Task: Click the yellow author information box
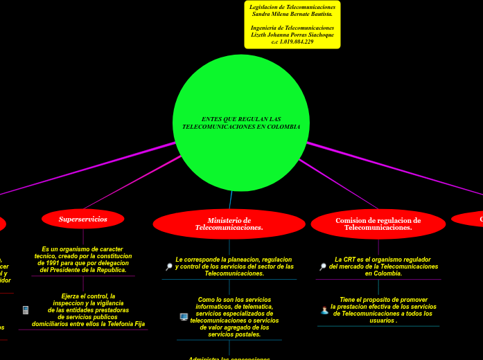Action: pyautogui.click(x=292, y=24)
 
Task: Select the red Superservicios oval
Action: pyautogui.click(x=83, y=219)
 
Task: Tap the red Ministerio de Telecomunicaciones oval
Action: pyautogui.click(x=229, y=224)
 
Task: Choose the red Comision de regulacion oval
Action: pyautogui.click(x=378, y=224)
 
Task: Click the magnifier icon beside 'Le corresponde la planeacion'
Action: pyautogui.click(x=168, y=267)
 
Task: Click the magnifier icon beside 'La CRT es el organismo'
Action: pyautogui.click(x=322, y=267)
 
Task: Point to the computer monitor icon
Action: pyautogui.click(x=184, y=317)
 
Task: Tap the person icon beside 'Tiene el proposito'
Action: pyautogui.click(x=324, y=310)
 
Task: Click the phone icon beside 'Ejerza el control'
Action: pyautogui.click(x=26, y=310)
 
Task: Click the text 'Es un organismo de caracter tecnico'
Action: pyautogui.click(x=83, y=260)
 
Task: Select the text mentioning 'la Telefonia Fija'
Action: pyautogui.click(x=88, y=324)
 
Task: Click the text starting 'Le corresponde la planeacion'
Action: pyautogui.click(x=234, y=267)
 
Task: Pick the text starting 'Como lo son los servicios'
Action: pyautogui.click(x=234, y=317)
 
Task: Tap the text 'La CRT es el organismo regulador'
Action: pyautogui.click(x=383, y=267)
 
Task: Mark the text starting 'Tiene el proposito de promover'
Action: pyautogui.click(x=383, y=310)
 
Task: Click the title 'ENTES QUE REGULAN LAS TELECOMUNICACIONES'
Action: pyautogui.click(x=241, y=123)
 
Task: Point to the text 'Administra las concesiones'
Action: pyautogui.click(x=229, y=358)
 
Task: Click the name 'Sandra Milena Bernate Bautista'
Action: pyautogui.click(x=292, y=13)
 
